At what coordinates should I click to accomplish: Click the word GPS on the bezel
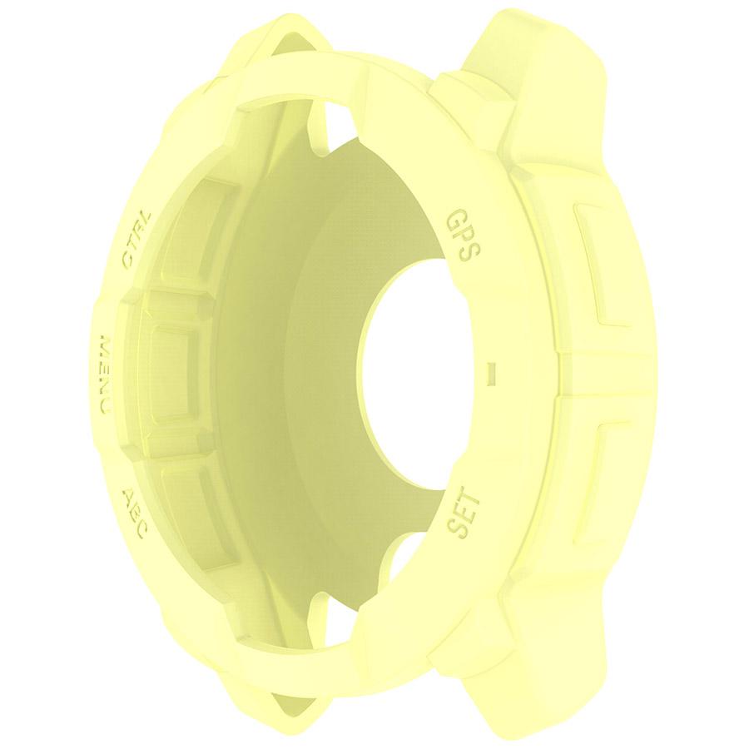[460, 236]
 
